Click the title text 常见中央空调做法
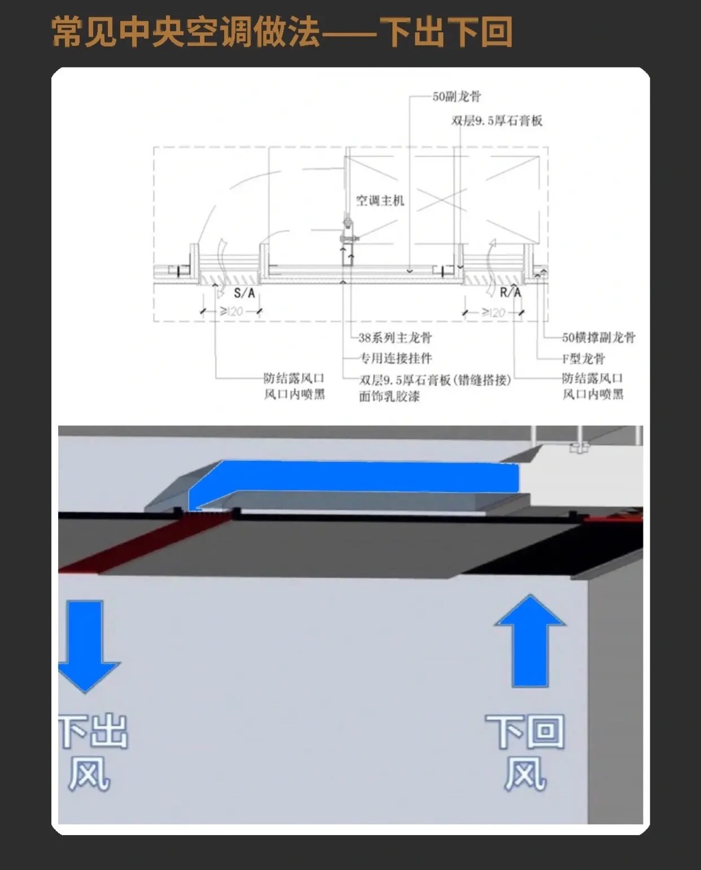pyautogui.click(x=186, y=32)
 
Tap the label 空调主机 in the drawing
pyautogui.click(x=380, y=201)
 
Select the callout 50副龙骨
pyautogui.click(x=457, y=96)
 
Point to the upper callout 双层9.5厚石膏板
pyautogui.click(x=497, y=121)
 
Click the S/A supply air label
pyautogui.click(x=244, y=293)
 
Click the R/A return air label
pyautogui.click(x=510, y=292)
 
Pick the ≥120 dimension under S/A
pyautogui.click(x=231, y=311)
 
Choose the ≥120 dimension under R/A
pyautogui.click(x=493, y=312)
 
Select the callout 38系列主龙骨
pyautogui.click(x=395, y=338)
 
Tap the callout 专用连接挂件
pyautogui.click(x=396, y=358)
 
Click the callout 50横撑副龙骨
pyautogui.click(x=599, y=338)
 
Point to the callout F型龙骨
pyautogui.click(x=583, y=359)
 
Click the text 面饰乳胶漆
pyautogui.click(x=389, y=396)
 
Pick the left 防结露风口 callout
pyautogui.click(x=294, y=378)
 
